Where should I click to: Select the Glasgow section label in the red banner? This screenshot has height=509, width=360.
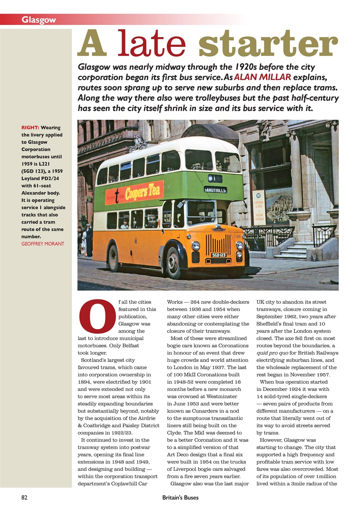pos(39,19)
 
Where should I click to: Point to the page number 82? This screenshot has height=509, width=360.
pos(24,497)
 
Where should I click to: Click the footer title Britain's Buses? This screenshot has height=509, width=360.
pos(180,497)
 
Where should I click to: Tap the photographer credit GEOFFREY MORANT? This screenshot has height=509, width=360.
pos(43,244)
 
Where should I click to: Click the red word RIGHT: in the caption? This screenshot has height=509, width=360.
pos(30,128)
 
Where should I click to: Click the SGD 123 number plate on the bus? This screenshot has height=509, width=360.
pos(218,255)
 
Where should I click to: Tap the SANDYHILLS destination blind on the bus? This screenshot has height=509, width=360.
pos(215,190)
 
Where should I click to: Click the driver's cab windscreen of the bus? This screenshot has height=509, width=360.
pos(201,212)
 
